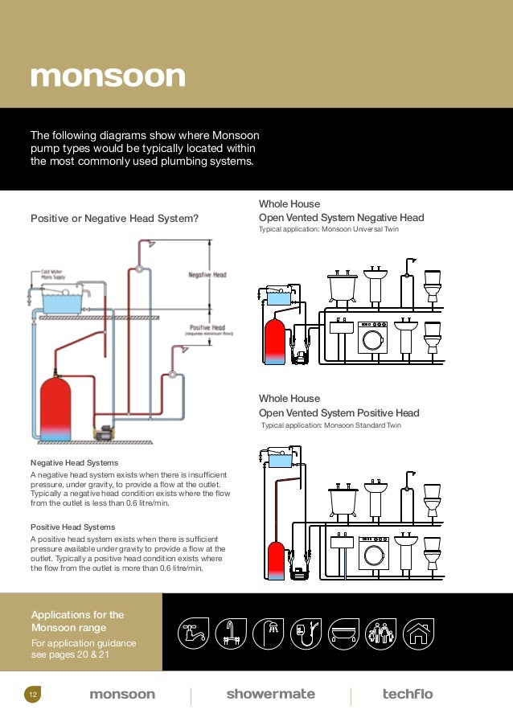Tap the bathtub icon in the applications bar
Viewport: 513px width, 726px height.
tap(343, 633)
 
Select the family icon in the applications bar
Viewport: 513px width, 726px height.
tap(381, 633)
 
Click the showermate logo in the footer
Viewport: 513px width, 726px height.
tap(270, 694)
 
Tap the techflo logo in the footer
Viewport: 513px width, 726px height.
tap(407, 694)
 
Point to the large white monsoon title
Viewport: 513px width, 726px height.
tap(108, 76)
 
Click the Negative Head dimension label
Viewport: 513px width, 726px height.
tap(207, 275)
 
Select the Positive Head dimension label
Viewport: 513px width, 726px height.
tap(207, 327)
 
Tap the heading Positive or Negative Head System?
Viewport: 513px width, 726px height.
tap(114, 218)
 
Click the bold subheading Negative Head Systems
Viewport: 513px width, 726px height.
tap(74, 463)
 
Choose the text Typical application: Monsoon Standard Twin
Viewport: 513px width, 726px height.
tap(331, 425)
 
